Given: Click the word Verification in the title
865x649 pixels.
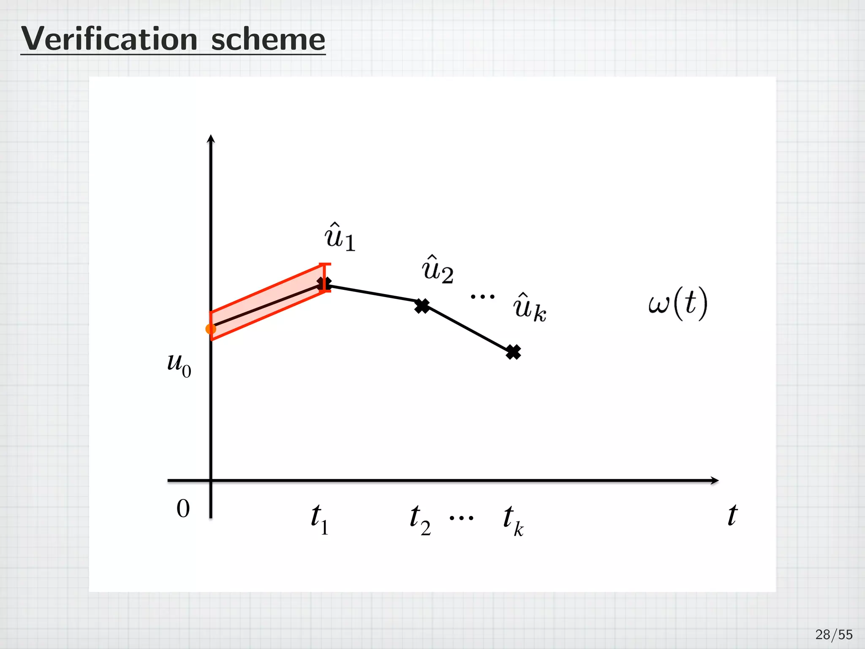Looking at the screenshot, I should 109,39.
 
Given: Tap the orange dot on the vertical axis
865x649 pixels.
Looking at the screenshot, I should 210,329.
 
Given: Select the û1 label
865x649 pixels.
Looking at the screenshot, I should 340,237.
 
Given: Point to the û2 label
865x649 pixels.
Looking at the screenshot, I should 438,270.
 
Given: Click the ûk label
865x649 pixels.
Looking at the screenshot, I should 530,308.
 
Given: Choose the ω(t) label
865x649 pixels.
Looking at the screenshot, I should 677,303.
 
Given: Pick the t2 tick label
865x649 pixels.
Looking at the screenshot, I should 420,520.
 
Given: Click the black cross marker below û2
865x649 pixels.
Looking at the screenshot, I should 422,306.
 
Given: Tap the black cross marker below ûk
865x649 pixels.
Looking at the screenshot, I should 513,352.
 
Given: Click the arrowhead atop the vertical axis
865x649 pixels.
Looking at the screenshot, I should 211,139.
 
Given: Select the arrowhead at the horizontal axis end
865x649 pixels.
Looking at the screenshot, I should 714,480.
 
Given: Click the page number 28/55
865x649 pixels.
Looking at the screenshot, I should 833,635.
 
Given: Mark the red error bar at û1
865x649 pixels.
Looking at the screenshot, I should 324,277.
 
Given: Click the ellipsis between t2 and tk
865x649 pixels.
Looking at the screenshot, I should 461,518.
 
